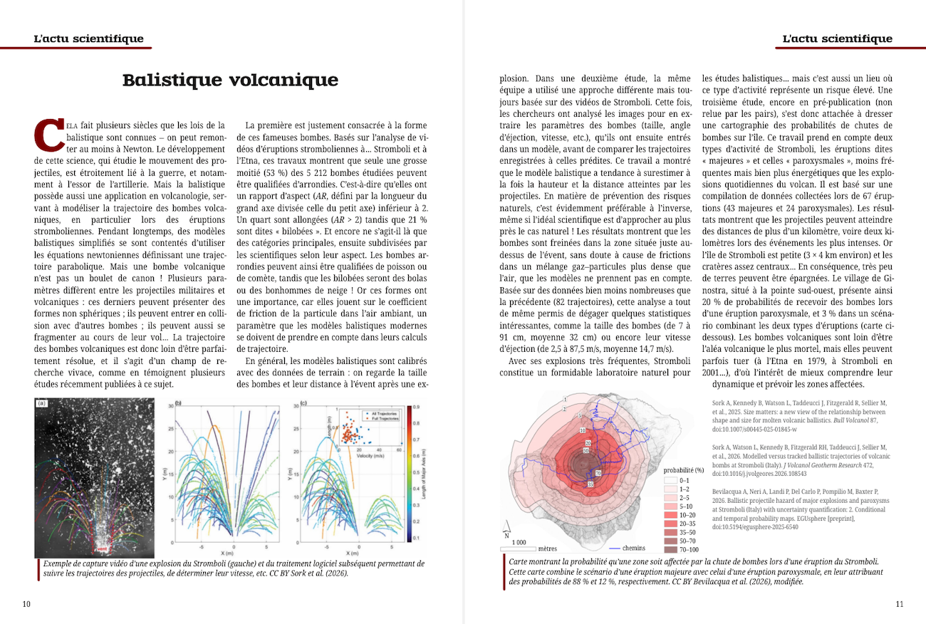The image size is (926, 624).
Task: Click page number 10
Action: click(26, 604)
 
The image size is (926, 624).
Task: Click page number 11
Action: click(899, 604)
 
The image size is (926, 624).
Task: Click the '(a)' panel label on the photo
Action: click(41, 403)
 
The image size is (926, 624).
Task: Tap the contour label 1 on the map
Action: click(564, 400)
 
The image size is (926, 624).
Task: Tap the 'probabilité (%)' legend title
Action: click(684, 470)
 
